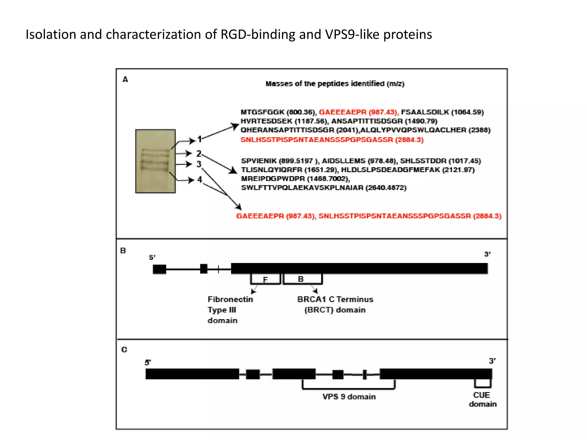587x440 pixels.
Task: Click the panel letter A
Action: (125, 79)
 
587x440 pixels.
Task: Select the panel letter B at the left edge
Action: (123, 251)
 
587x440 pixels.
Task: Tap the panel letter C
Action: (124, 349)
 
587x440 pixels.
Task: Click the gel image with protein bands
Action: (155, 161)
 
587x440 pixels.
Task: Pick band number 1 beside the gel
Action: (199, 140)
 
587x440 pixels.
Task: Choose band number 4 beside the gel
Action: (199, 180)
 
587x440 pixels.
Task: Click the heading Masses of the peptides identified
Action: (335, 84)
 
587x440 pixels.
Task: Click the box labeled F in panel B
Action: (265, 279)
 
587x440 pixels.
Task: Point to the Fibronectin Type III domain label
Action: (230, 310)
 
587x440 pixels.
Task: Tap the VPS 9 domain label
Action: (349, 397)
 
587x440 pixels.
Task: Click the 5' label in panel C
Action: (148, 363)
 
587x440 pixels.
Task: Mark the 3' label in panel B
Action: (487, 254)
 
